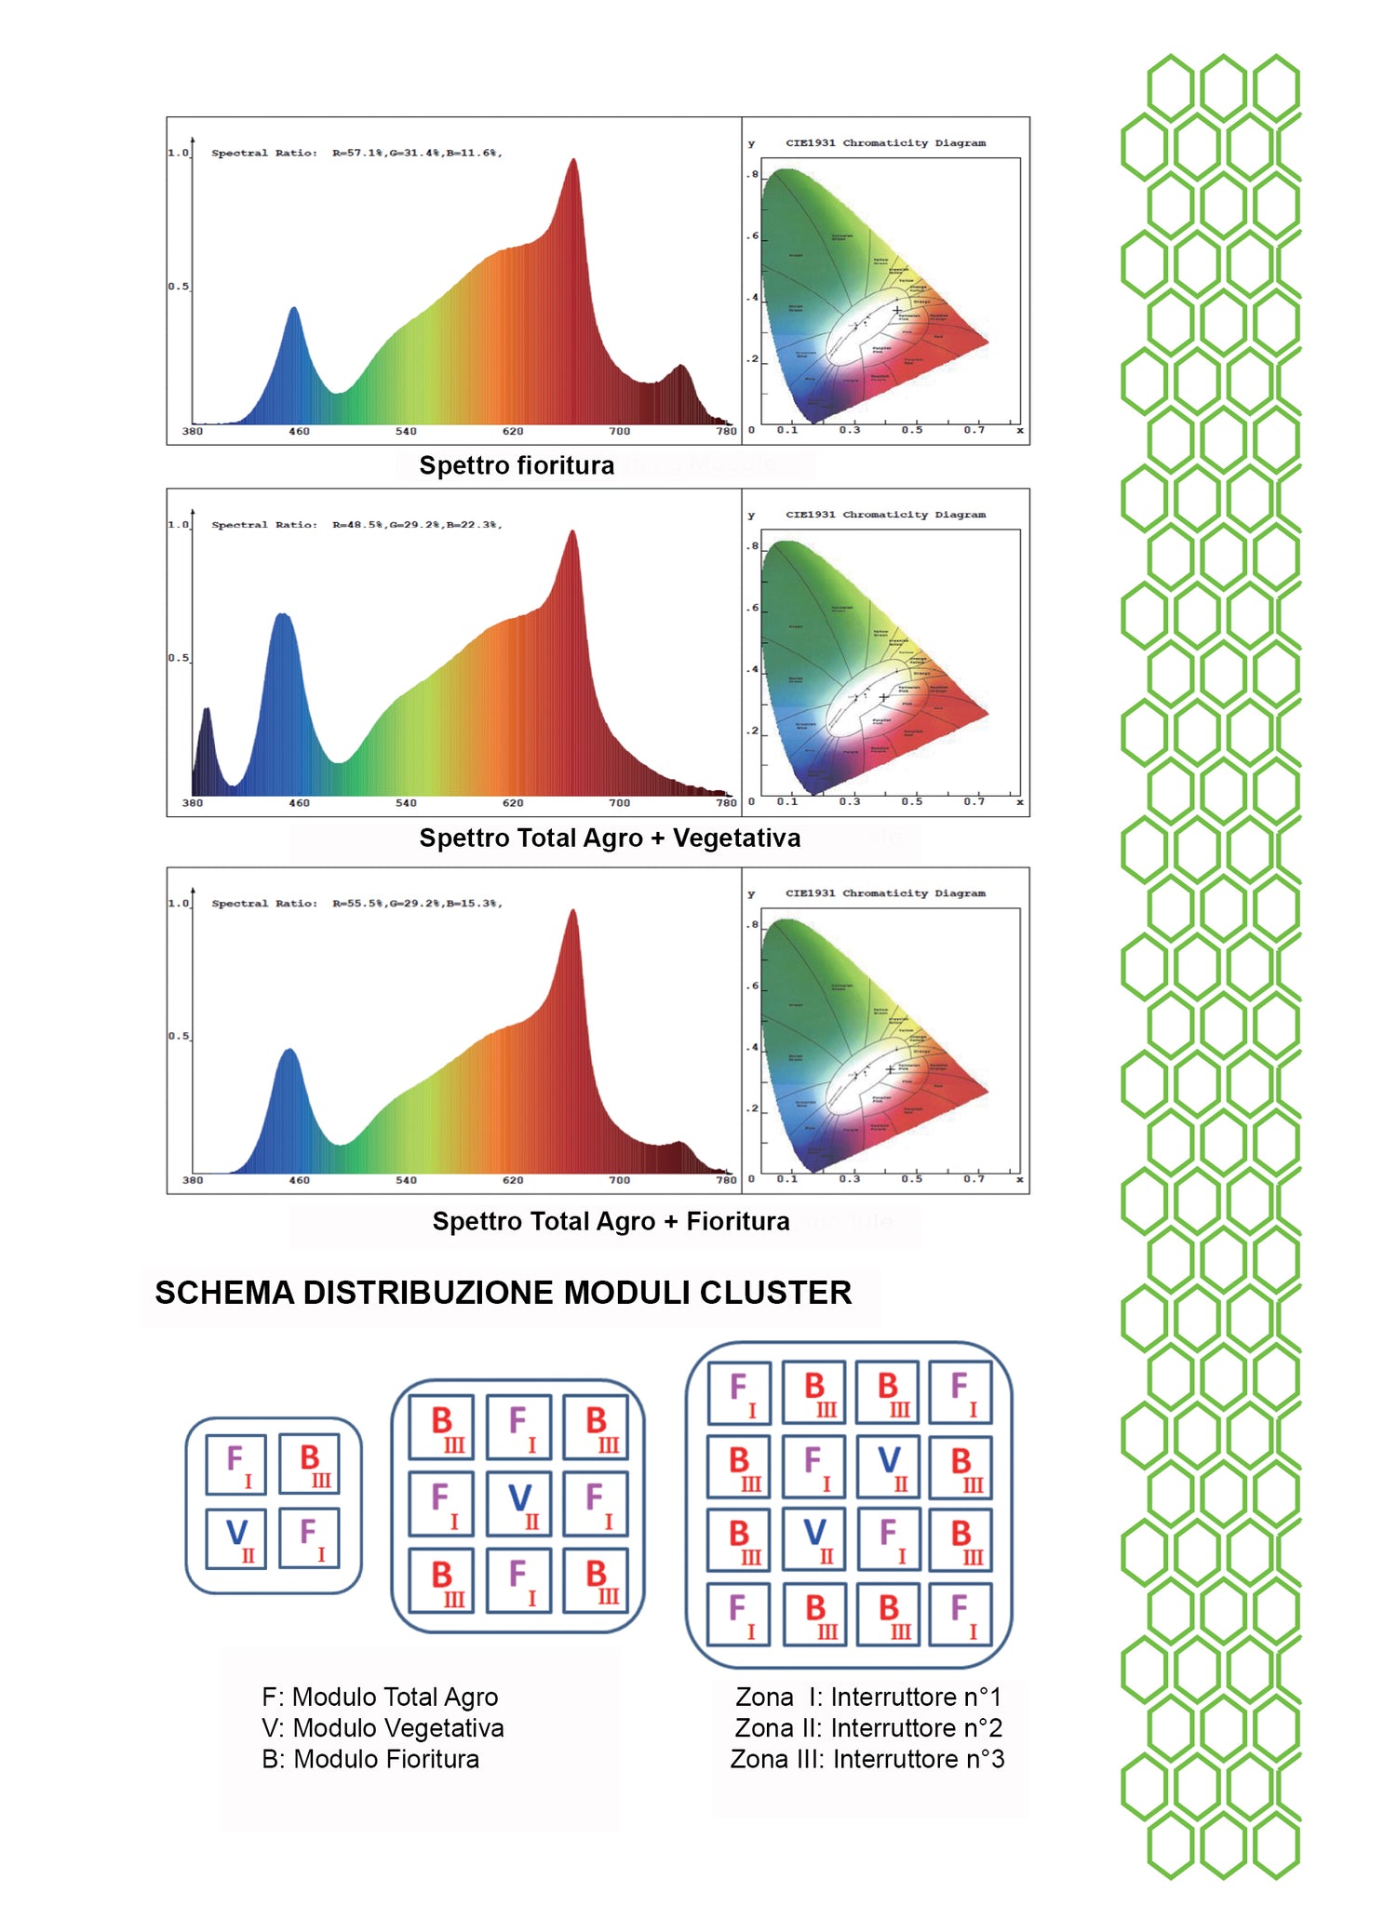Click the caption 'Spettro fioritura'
click(x=517, y=465)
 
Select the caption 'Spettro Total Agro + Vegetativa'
click(x=610, y=838)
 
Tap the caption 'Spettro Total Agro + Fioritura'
click(x=611, y=1221)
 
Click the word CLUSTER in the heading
click(x=775, y=1293)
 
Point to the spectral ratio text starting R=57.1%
click(x=416, y=153)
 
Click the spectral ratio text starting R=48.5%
click(x=416, y=525)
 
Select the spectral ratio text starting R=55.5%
click(x=416, y=903)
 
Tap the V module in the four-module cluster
click(x=236, y=1537)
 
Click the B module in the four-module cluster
click(x=308, y=1463)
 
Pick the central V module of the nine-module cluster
click(x=518, y=1503)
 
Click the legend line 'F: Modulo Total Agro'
click(x=380, y=1697)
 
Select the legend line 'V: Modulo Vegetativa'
click(x=383, y=1727)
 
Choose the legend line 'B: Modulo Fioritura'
click(x=370, y=1759)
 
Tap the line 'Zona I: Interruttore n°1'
click(x=867, y=1697)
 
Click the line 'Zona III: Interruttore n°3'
click(x=867, y=1759)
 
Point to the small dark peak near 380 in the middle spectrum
click(x=207, y=721)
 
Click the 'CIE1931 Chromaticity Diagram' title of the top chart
click(x=885, y=143)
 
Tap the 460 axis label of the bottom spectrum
click(x=299, y=1180)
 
